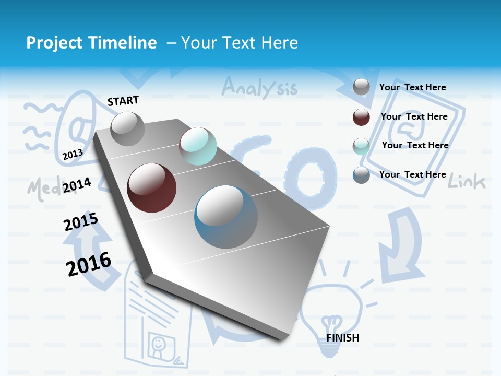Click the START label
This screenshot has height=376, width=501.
[123, 101]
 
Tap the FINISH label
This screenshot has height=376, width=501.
[342, 338]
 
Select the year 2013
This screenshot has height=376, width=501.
[73, 154]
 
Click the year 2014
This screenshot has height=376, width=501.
[77, 185]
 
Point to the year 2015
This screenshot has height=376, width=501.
[81, 221]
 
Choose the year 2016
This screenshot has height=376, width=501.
[89, 264]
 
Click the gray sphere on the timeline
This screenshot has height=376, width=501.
[127, 128]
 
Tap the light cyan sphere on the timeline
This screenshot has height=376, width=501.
[198, 146]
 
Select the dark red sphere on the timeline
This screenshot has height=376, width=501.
[151, 188]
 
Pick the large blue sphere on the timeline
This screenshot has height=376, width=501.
[226, 217]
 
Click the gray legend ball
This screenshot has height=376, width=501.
[361, 87]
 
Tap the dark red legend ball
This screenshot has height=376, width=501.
[361, 117]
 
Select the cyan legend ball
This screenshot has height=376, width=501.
[361, 146]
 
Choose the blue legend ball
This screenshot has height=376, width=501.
[361, 175]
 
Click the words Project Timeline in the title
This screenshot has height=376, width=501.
[91, 43]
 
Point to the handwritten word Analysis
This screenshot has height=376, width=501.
[259, 87]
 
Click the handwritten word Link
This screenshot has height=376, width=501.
[467, 182]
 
